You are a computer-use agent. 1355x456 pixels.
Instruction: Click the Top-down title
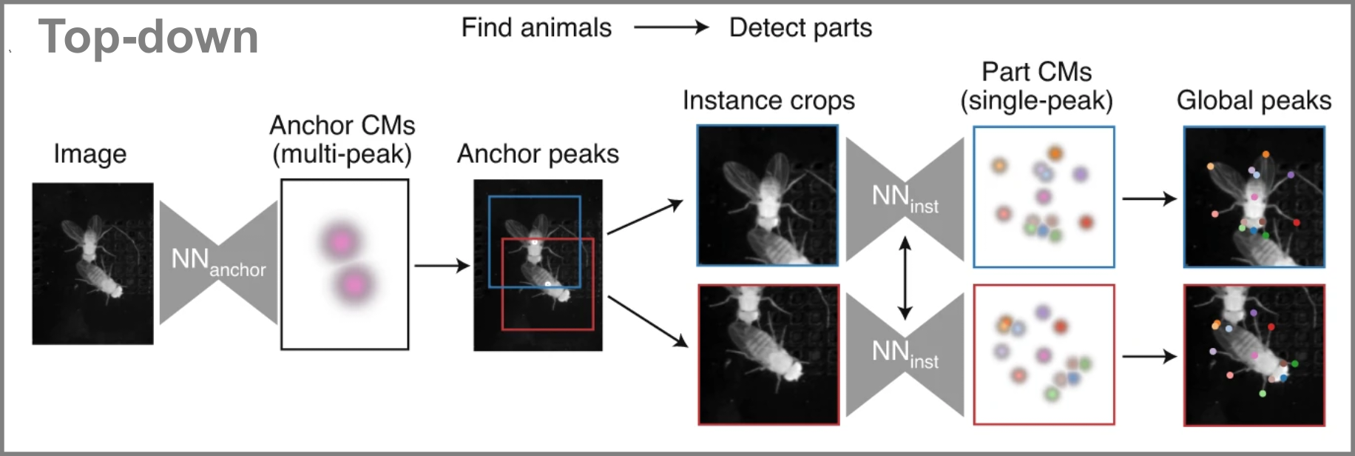pos(148,37)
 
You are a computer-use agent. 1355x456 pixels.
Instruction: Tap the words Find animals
pos(536,28)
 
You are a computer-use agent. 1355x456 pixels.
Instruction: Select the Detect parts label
pos(800,28)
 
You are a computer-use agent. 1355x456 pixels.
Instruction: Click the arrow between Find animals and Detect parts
pos(671,28)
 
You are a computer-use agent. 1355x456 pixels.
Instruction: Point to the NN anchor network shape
pos(218,262)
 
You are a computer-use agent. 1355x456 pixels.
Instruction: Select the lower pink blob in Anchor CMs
pos(354,284)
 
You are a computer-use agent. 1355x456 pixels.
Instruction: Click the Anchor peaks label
pos(538,154)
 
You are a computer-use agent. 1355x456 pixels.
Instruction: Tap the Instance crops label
pos(768,101)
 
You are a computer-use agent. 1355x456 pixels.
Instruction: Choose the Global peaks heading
pos(1254,101)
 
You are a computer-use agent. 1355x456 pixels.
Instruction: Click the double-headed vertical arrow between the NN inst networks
pos(904,278)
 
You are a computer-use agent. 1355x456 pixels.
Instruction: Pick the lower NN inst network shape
pos(905,353)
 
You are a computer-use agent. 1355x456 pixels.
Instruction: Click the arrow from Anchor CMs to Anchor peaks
pos(442,265)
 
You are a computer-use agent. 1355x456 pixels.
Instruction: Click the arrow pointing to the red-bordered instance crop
pos(647,321)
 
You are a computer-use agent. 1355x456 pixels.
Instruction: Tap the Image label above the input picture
pos(89,154)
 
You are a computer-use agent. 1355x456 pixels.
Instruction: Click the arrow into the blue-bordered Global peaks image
pos(1149,198)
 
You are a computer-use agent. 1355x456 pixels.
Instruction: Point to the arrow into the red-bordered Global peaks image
pos(1149,357)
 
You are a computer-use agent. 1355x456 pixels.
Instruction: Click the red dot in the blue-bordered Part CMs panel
pos(1086,222)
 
